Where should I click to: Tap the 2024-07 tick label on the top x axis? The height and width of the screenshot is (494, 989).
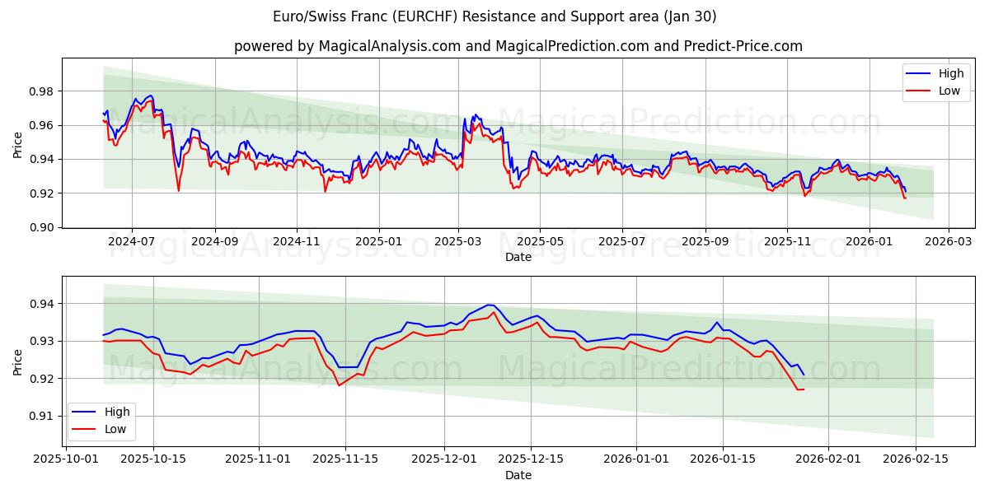coord(132,242)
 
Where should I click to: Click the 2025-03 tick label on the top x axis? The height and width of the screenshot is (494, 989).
coord(458,242)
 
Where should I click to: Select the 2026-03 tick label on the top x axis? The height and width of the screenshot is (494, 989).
coord(949,242)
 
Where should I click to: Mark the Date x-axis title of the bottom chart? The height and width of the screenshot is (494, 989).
coord(518,475)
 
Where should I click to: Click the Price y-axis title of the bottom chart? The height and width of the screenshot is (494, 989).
coord(18,361)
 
